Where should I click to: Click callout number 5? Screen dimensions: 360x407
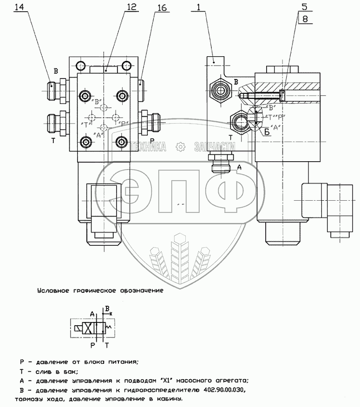pos(304,7)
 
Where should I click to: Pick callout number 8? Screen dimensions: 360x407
pos(304,19)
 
